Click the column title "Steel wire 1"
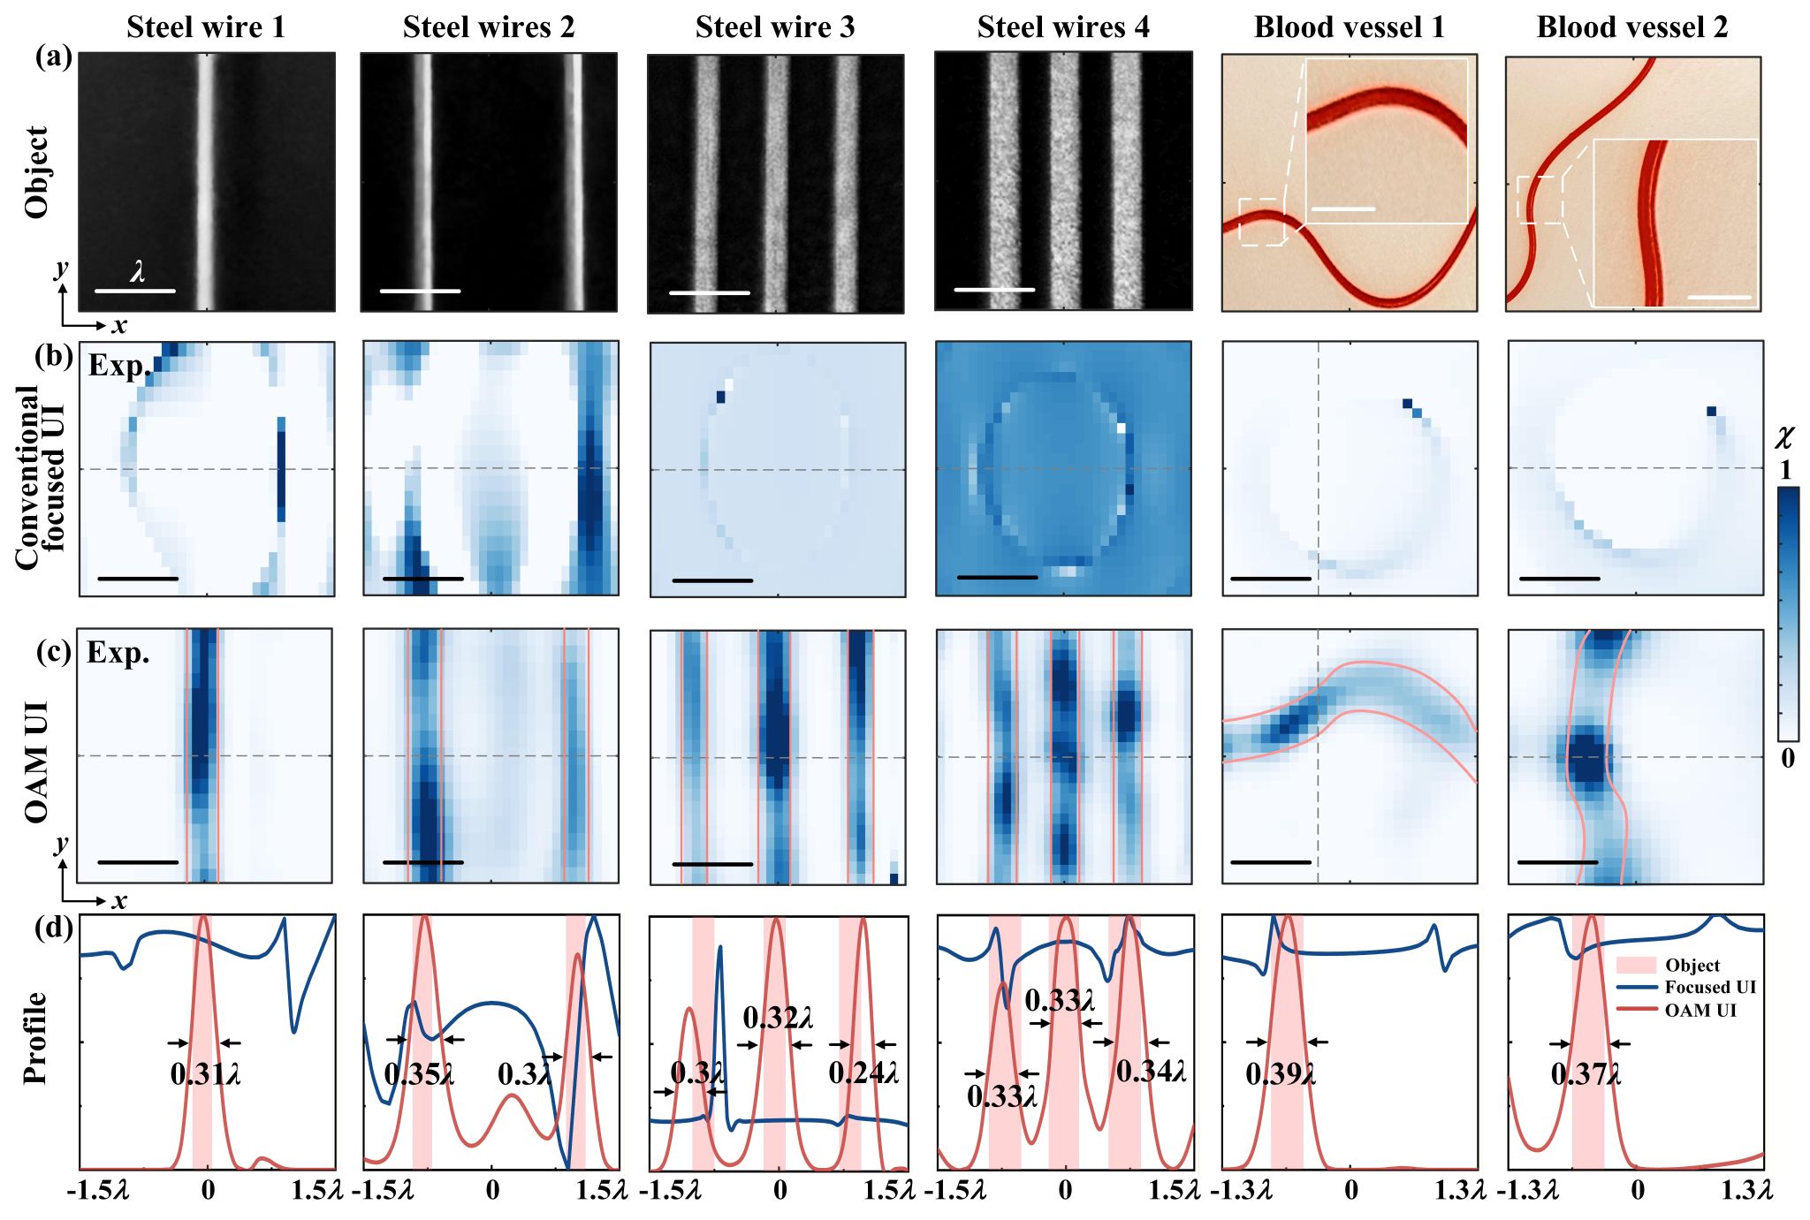pyautogui.click(x=206, y=27)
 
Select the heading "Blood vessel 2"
pyautogui.click(x=1631, y=27)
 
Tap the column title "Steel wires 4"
pyautogui.click(x=1063, y=27)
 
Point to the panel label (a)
pyautogui.click(x=53, y=57)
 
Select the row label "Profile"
pyautogui.click(x=35, y=1037)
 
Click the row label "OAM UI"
pyautogui.click(x=35, y=762)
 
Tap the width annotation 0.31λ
pyautogui.click(x=205, y=1074)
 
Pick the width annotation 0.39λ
pyautogui.click(x=1281, y=1074)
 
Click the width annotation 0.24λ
pyautogui.click(x=863, y=1072)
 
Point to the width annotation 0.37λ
pyautogui.click(x=1586, y=1074)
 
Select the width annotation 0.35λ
pyautogui.click(x=419, y=1074)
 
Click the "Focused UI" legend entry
pyautogui.click(x=1709, y=988)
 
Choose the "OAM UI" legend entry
pyautogui.click(x=1700, y=1010)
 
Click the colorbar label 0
pyautogui.click(x=1787, y=758)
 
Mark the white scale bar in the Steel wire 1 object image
pyautogui.click(x=134, y=291)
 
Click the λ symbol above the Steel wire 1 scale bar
pyautogui.click(x=137, y=271)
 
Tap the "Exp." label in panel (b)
pyautogui.click(x=118, y=366)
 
